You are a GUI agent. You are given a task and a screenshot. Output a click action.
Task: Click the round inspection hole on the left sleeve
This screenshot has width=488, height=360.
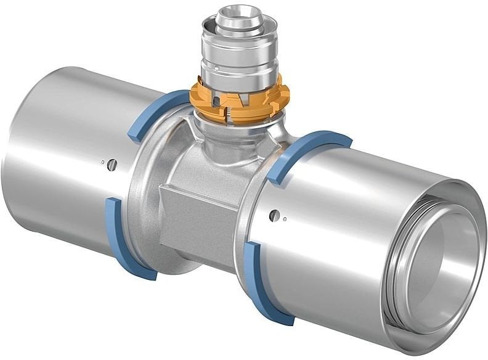point(111,164)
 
